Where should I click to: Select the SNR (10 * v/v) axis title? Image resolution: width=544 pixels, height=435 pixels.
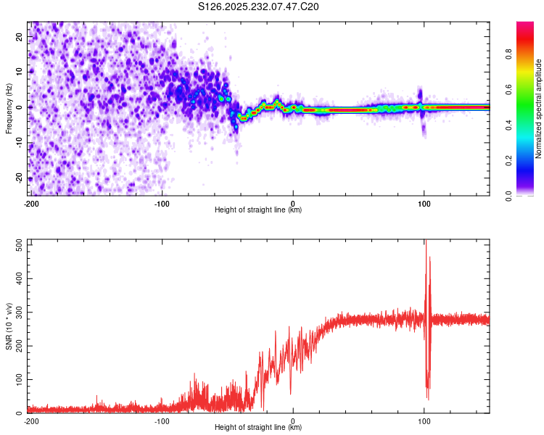tap(9, 326)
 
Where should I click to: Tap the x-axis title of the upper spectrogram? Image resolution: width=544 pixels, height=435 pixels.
tap(258, 210)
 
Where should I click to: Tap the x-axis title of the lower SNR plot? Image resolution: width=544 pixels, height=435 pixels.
tap(258, 428)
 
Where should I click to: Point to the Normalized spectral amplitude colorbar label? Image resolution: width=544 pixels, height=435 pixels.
tap(539, 109)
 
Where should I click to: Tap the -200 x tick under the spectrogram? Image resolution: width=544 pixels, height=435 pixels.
tap(31, 203)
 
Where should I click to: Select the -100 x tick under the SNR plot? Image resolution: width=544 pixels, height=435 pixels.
tap(161, 420)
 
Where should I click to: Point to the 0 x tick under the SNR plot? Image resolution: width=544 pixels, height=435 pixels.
tap(293, 420)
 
